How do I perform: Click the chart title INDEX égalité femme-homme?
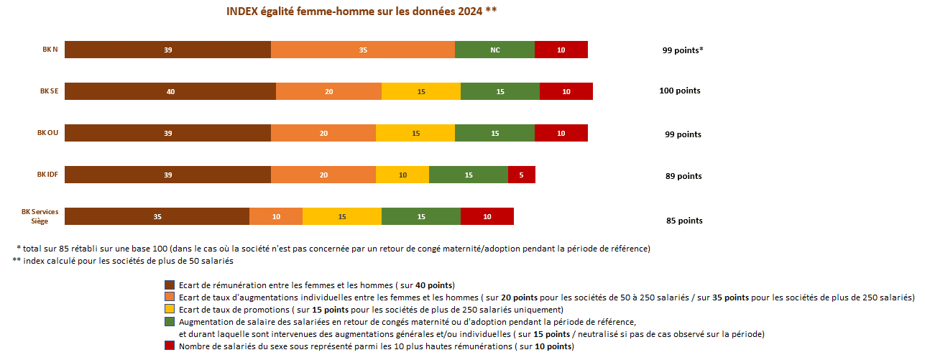[x=362, y=11]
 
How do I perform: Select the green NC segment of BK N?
[x=494, y=50]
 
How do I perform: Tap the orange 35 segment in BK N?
[x=363, y=50]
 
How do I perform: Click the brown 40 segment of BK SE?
[x=170, y=91]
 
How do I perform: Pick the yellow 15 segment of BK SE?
[x=421, y=91]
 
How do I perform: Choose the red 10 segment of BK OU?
[x=561, y=133]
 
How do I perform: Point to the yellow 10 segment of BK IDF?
[x=402, y=175]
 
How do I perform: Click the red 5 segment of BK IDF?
[x=521, y=175]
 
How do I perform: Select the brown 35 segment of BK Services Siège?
[x=157, y=216]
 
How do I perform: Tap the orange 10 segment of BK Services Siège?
[x=276, y=216]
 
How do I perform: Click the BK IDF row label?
[x=47, y=175]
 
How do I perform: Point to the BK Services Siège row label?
[x=40, y=216]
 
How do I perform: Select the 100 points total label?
[x=679, y=91]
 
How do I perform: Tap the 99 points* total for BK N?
[x=682, y=50]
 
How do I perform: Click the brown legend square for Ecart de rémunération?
[x=170, y=285]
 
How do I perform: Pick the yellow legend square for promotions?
[x=170, y=310]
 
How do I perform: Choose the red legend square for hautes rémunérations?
[x=170, y=346]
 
